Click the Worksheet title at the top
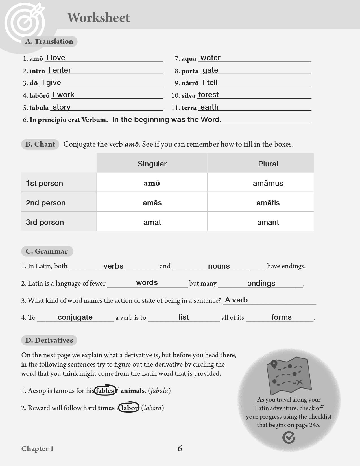pos(99,18)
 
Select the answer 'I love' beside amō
pos(56,58)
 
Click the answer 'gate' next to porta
pos(210,70)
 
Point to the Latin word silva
pos(188,95)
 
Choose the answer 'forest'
pos(208,95)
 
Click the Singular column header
pos(152,164)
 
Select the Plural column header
pos(268,164)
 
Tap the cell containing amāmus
pos(268,183)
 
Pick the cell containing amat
pos(152,222)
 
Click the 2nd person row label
pos(46,203)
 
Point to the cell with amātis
pos(268,203)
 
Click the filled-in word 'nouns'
pos(219,266)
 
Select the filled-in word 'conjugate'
pos(75,317)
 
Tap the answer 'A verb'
pos(236,300)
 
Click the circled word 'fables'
pos(105,391)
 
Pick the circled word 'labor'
pos(129,408)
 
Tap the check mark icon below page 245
pos(289,437)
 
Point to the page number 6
pos(180,448)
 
